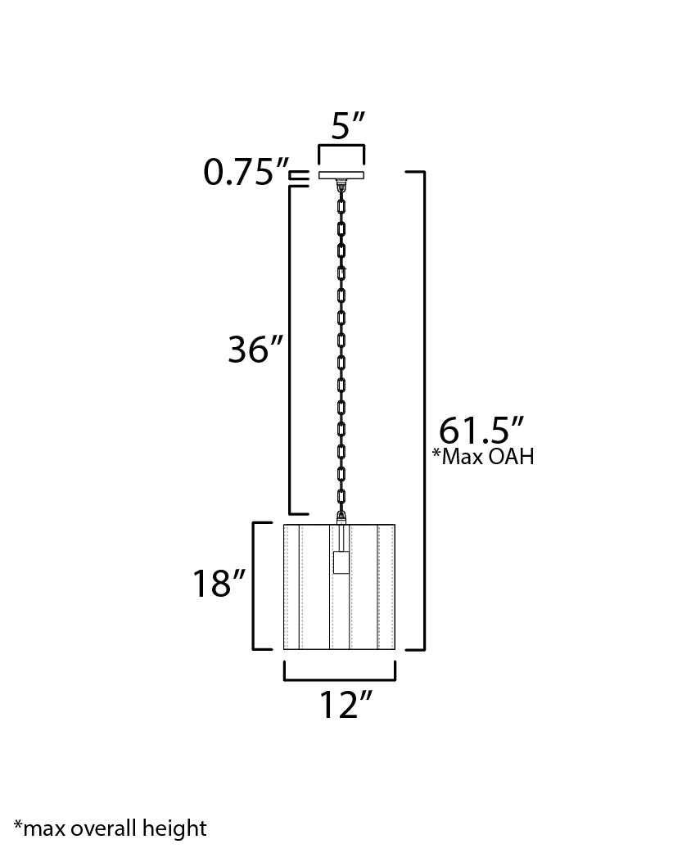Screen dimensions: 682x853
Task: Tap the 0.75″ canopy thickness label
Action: pos(245,173)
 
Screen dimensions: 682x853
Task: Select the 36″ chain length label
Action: pos(255,349)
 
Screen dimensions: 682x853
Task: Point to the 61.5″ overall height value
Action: pos(481,431)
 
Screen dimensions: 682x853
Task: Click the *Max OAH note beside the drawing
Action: pos(483,457)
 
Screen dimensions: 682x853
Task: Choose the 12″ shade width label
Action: pos(345,706)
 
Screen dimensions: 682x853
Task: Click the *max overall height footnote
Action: pos(110,828)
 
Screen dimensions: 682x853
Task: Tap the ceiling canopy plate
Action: pos(341,175)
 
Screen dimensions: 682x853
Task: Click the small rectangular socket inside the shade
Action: pos(341,562)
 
